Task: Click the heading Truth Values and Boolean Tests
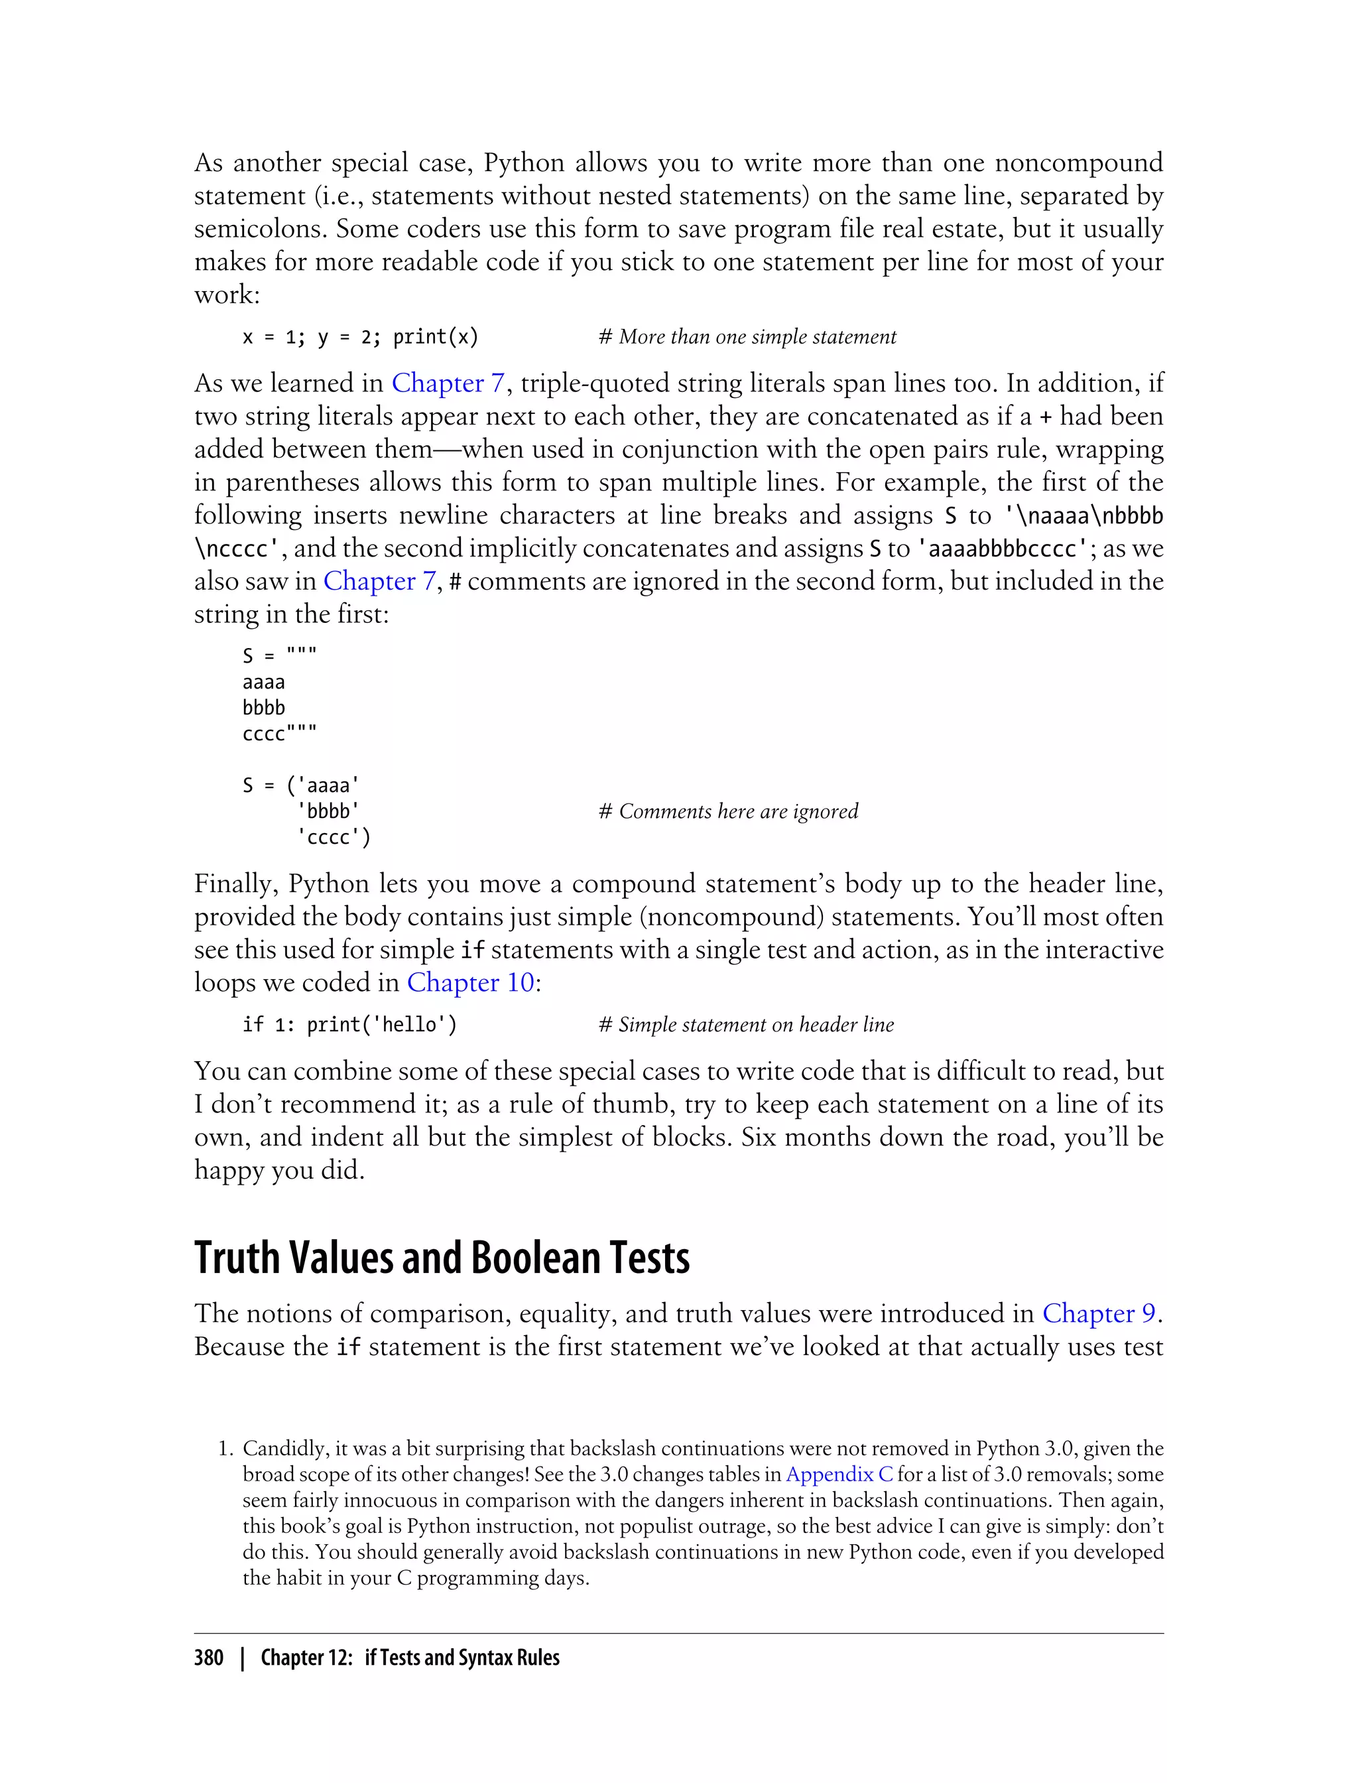[442, 1258]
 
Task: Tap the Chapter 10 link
[469, 982]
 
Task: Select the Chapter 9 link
[1099, 1313]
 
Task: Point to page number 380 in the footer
[209, 1658]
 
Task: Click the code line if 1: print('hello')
[349, 1025]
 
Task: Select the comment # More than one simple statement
[747, 337]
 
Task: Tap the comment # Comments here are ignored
[727, 811]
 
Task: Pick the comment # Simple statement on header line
[745, 1025]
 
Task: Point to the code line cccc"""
[280, 734]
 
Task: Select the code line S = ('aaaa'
[300, 785]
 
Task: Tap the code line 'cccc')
[334, 837]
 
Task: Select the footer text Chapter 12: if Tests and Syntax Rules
[410, 1658]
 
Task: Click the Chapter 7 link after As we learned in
[449, 383]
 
